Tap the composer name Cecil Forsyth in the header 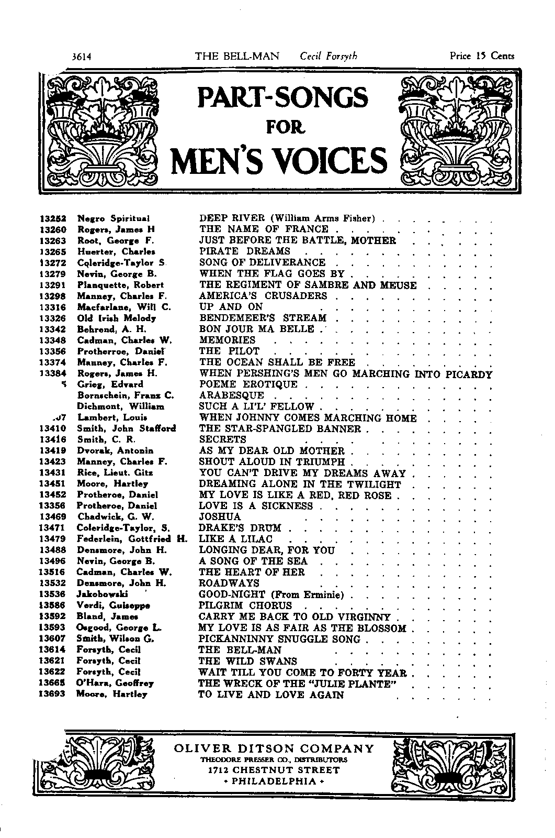point(329,56)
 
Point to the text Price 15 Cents point(482,56)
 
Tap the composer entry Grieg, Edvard point(110,384)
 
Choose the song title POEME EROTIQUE point(248,384)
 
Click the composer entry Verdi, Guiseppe point(113,605)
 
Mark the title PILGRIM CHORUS point(245,605)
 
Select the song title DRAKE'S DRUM point(240,528)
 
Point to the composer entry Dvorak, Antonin point(115,450)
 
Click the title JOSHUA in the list point(220,517)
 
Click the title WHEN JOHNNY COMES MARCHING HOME point(308,418)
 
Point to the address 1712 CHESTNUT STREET point(274,770)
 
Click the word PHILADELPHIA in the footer point(274,781)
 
